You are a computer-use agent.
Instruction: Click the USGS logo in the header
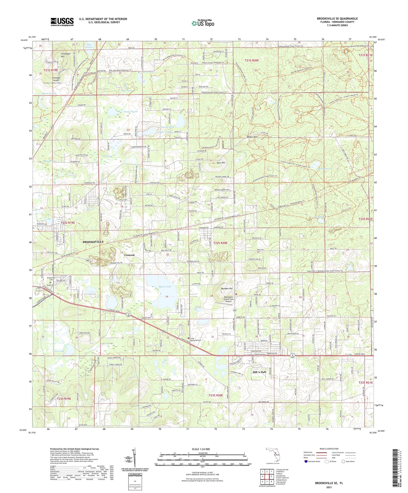point(62,22)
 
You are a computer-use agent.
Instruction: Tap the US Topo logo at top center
point(203,23)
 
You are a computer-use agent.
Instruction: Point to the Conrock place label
point(129,255)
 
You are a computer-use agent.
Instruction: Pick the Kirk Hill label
point(221,163)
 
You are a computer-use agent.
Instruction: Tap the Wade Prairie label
point(131,111)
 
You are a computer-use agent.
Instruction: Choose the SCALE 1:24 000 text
point(202,449)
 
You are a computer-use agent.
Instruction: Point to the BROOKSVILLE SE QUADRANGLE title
point(337,18)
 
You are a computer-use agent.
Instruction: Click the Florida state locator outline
point(274,456)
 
